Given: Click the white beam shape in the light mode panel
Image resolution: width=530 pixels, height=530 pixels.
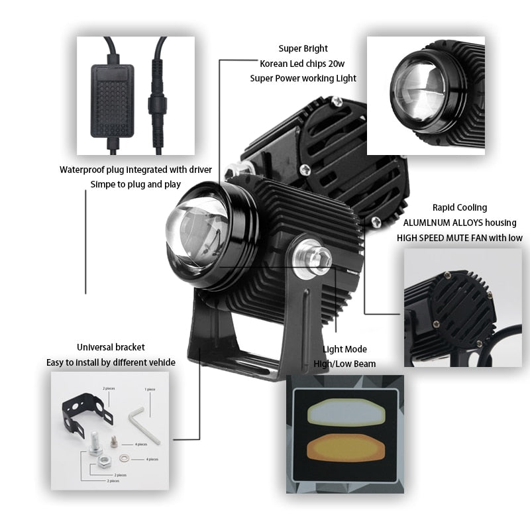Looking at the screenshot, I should point(344,411).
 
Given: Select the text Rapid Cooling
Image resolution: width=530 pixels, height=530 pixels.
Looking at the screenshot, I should point(459,207).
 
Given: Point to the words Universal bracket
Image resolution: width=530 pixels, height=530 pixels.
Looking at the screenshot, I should point(111,347).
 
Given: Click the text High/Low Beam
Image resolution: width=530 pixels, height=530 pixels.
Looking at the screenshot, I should point(344,364).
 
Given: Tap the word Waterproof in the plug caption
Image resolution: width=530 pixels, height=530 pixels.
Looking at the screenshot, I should point(82,170).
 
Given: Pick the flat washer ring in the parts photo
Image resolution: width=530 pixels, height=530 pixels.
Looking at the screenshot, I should point(125,457).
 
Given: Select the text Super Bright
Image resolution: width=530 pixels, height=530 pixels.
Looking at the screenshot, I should point(303,48).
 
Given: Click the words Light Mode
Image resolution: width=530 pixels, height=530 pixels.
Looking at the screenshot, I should point(344,349).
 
